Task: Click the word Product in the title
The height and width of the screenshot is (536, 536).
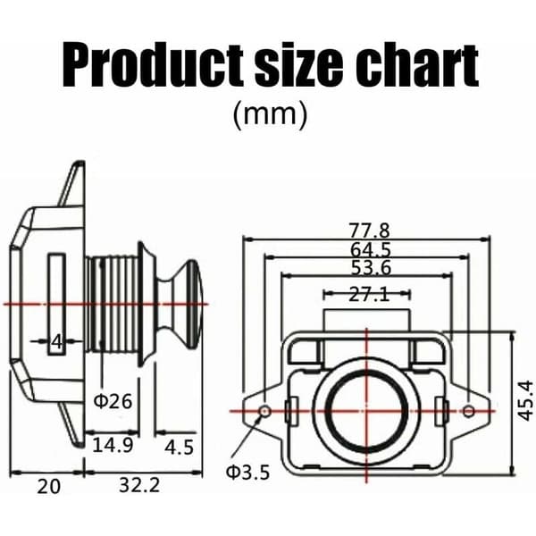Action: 153,66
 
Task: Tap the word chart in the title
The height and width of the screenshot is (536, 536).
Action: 416,66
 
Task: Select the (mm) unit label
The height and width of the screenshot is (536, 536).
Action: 270,115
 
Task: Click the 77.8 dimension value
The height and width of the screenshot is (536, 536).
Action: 369,230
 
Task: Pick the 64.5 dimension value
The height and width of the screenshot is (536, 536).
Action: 371,250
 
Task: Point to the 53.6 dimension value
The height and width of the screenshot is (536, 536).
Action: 372,268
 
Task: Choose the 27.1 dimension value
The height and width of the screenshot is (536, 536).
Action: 369,294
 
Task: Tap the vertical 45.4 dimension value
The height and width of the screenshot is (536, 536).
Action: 525,400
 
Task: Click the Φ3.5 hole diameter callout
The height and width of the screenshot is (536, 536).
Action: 247,473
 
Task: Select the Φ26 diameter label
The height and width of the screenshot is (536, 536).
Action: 113,401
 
